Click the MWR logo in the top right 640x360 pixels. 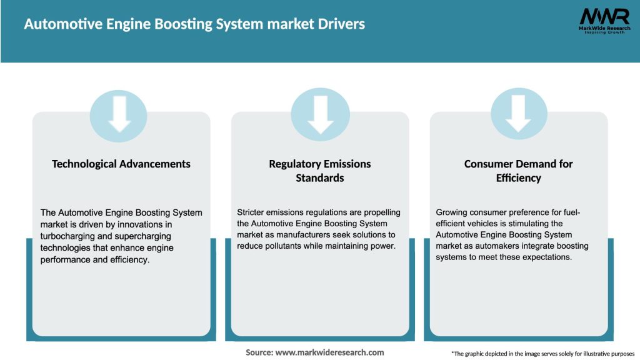604,19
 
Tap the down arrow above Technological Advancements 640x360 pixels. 119,113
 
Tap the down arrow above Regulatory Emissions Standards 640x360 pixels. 320,113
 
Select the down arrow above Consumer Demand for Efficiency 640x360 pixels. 518,113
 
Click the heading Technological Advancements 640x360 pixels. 121,164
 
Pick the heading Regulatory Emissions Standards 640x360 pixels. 320,171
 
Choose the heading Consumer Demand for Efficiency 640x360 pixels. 518,171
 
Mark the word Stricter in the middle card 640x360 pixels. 252,212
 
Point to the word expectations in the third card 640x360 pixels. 545,257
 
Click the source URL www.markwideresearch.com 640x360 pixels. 329,352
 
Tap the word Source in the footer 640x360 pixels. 258,352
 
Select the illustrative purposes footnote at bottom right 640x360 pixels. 542,354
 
